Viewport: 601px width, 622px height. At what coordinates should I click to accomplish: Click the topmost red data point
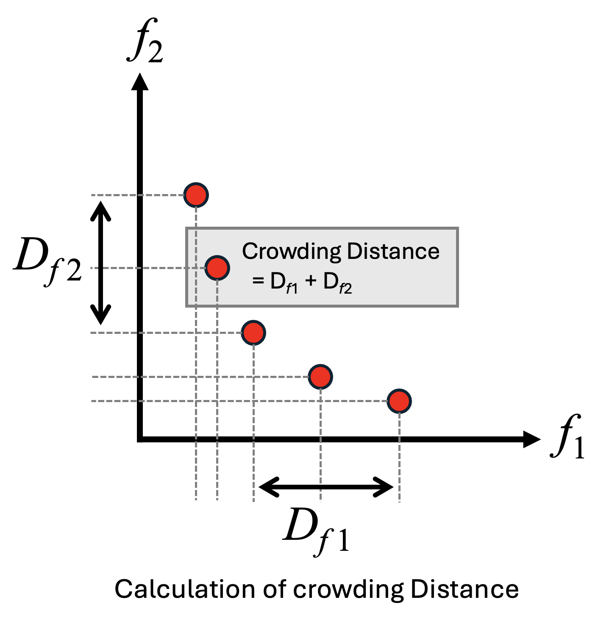click(196, 195)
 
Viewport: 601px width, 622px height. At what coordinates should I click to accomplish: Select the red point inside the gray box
click(217, 268)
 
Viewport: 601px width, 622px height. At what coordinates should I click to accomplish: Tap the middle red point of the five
click(253, 333)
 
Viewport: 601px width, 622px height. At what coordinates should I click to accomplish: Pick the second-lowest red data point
click(320, 377)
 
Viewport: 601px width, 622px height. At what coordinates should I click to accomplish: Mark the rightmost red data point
click(399, 401)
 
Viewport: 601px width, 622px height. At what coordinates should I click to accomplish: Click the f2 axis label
click(145, 42)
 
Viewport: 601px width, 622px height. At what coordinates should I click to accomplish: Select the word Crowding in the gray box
click(291, 252)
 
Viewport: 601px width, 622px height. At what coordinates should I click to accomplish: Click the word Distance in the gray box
click(393, 251)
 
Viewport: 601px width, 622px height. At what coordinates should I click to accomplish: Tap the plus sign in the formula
click(311, 280)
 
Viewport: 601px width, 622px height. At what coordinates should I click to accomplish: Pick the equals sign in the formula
click(258, 280)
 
